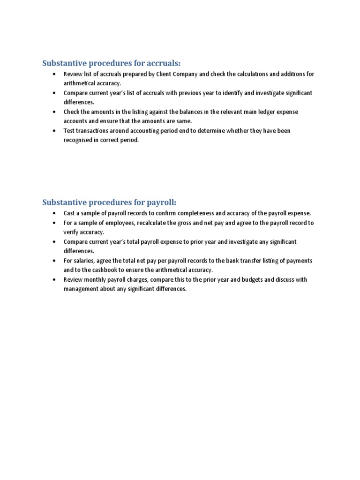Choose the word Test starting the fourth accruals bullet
(x=69, y=131)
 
